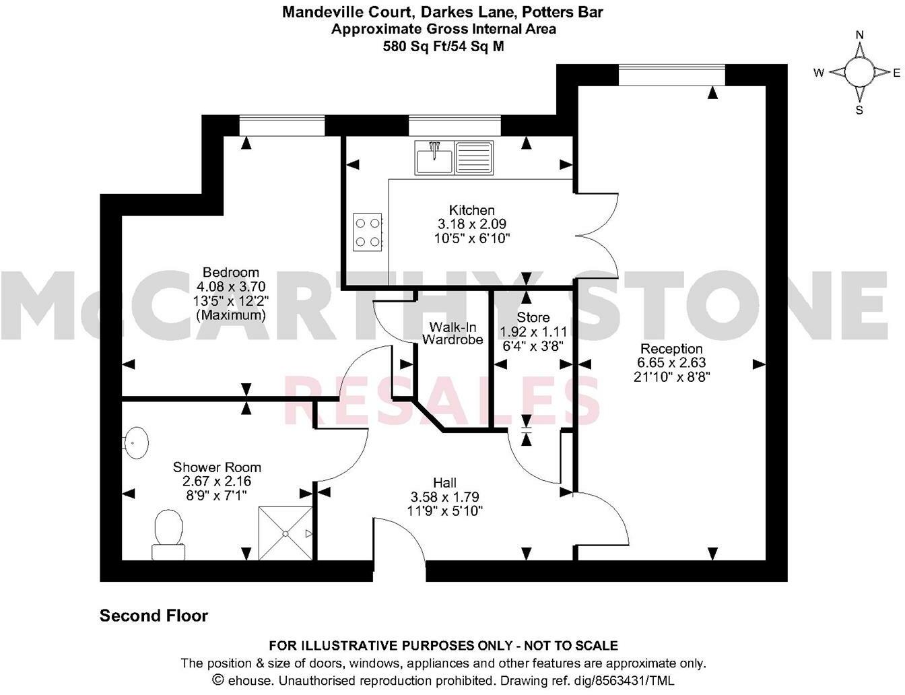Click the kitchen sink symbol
455,158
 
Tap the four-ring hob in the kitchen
368,232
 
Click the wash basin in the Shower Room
137,442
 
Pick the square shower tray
286,533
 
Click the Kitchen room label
471,210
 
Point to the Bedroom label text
231,273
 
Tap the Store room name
533,317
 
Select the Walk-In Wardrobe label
452,333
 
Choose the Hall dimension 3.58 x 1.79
444,497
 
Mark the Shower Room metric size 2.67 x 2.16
217,482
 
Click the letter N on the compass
859,36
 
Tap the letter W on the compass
819,73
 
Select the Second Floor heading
154,616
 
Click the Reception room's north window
671,75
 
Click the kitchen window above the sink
455,126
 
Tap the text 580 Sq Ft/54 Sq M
444,46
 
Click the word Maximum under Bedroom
231,315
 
